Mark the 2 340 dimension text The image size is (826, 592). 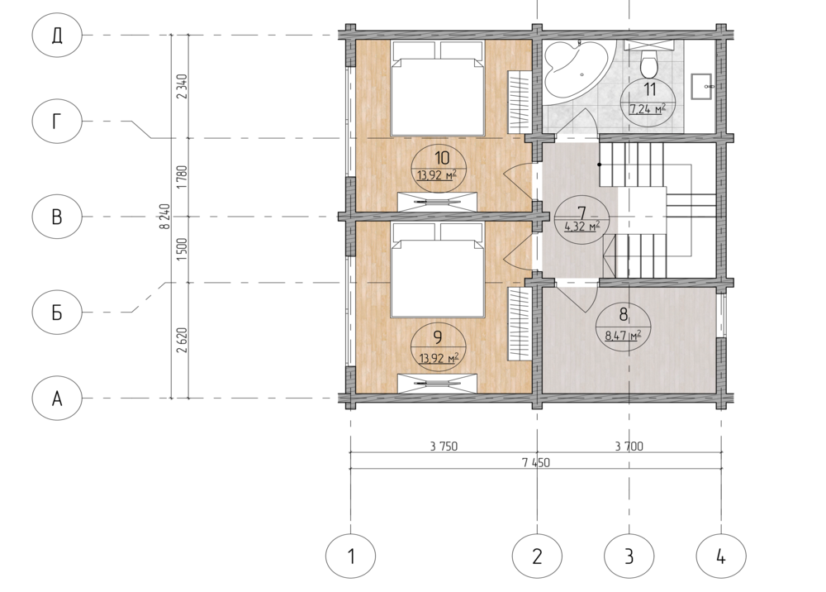pos(183,87)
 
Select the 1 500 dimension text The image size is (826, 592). pos(183,250)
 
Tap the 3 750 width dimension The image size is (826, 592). pos(444,446)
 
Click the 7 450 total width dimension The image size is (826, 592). pos(536,463)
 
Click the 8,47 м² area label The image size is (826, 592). pos(623,334)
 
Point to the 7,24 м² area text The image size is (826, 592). pos(648,109)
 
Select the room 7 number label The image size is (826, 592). pos(582,213)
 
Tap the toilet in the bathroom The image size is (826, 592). pos(648,64)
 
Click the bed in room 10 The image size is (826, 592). pos(437,88)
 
